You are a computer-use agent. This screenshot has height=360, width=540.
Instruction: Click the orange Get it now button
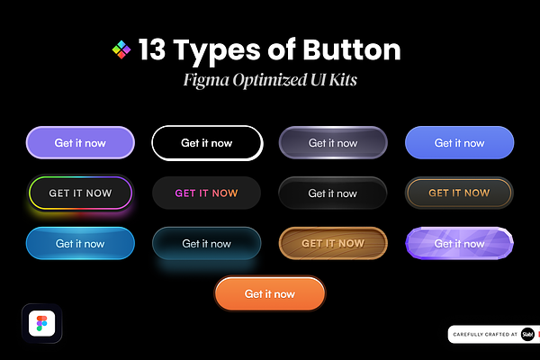click(270, 293)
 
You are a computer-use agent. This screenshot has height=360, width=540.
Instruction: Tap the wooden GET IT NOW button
click(333, 243)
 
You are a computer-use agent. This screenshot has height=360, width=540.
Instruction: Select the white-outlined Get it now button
click(207, 143)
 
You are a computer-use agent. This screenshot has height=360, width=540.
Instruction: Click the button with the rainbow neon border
click(80, 193)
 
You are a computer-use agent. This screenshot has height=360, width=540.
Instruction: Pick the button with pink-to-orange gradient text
click(207, 193)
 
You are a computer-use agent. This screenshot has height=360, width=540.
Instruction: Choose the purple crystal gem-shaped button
click(459, 243)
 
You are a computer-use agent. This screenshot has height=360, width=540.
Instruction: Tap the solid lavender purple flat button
click(80, 142)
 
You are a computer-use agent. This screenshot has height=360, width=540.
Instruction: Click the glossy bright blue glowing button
click(80, 243)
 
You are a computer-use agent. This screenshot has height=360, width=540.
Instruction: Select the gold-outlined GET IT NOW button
click(459, 193)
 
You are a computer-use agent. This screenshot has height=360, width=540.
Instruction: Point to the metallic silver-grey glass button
click(333, 142)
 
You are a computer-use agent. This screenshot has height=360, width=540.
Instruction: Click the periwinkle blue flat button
click(459, 142)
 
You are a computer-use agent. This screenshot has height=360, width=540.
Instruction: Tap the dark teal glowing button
click(207, 243)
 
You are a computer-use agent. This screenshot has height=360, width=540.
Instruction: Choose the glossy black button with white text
click(333, 193)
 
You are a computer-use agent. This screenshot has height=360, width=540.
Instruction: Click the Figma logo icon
click(42, 323)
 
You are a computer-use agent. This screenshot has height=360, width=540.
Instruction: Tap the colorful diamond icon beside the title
click(121, 49)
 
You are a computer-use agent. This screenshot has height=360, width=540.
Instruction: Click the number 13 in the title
click(152, 49)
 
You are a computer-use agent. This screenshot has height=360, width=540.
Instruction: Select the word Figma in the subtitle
click(206, 81)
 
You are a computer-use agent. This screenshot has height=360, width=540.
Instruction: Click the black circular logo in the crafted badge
click(527, 334)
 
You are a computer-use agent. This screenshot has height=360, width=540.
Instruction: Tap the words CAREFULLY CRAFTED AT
click(485, 334)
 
